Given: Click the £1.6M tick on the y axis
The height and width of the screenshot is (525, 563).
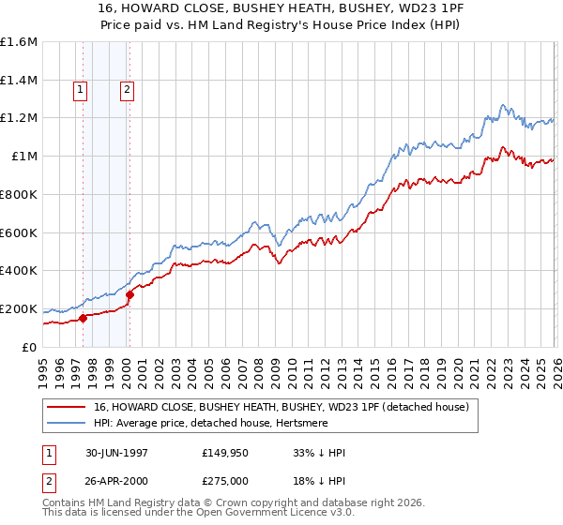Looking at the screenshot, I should [19, 42].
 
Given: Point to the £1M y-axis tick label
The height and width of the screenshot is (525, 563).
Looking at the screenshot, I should [24, 157].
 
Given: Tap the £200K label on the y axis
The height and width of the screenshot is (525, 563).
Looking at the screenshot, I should [19, 308].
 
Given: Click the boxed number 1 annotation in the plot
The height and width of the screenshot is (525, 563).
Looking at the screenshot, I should [81, 90].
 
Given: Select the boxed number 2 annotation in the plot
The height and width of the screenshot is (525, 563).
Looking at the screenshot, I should [127, 90].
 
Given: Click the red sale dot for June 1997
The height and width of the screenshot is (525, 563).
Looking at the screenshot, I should [84, 318].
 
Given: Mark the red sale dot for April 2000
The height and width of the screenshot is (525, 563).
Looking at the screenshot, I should [130, 294].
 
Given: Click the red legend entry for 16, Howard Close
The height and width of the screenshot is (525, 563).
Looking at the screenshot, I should [287, 407].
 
